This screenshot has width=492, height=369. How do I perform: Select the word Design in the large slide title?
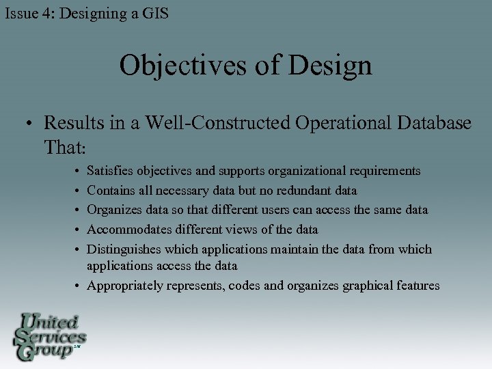click(331, 66)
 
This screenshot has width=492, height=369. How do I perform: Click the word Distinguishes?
click(126, 249)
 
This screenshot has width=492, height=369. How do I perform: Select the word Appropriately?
click(124, 286)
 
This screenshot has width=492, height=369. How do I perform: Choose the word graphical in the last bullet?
click(368, 286)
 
